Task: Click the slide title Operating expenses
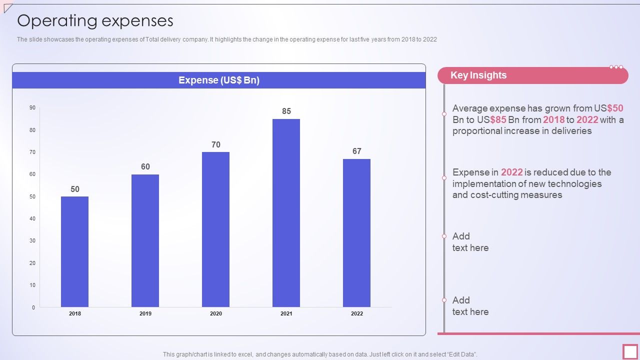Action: (95, 21)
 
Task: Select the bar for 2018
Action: (75, 251)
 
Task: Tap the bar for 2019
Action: (145, 240)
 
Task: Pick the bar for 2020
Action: (216, 229)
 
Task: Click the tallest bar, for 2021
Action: (286, 213)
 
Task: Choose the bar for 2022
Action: (356, 233)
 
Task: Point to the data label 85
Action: (286, 111)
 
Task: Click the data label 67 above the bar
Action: (356, 151)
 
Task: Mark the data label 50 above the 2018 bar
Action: (75, 189)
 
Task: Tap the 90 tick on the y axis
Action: (32, 107)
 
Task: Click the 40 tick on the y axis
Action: (32, 218)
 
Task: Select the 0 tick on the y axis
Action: (33, 307)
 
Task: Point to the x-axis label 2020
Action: (216, 314)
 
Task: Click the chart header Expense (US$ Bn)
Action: (219, 80)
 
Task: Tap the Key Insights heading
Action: (478, 75)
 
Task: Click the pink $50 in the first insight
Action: (615, 108)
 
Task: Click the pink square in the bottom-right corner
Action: (630, 351)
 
